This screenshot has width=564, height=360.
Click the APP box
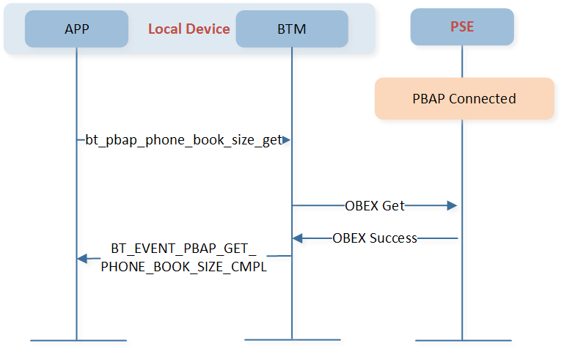[76, 29]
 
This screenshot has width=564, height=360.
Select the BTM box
[291, 29]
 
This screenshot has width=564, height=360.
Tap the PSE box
[462, 27]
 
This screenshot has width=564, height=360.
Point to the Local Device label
[188, 29]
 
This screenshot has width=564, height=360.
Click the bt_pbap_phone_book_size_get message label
[184, 139]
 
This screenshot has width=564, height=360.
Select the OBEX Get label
[374, 206]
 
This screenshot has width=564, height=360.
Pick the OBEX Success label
[374, 238]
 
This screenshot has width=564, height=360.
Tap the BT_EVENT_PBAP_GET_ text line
[184, 249]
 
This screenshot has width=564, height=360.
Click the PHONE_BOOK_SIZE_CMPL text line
[184, 267]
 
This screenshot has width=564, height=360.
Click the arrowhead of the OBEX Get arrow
[453, 206]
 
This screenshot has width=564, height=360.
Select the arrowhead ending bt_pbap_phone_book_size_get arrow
[288, 139]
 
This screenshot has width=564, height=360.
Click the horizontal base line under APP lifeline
[78, 340]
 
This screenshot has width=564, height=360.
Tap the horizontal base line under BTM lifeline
[292, 339]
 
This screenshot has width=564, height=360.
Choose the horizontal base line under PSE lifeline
[462, 340]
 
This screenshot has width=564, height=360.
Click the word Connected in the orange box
[483, 98]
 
